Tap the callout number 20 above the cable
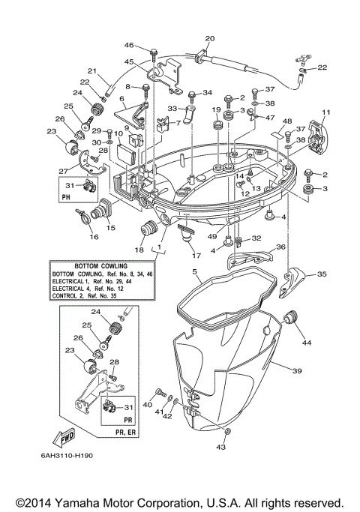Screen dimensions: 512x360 (209, 38)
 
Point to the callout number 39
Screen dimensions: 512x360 (297, 370)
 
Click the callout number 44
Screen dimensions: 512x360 (306, 343)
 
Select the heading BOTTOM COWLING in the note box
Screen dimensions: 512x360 (101, 266)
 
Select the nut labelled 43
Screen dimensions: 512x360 (228, 433)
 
